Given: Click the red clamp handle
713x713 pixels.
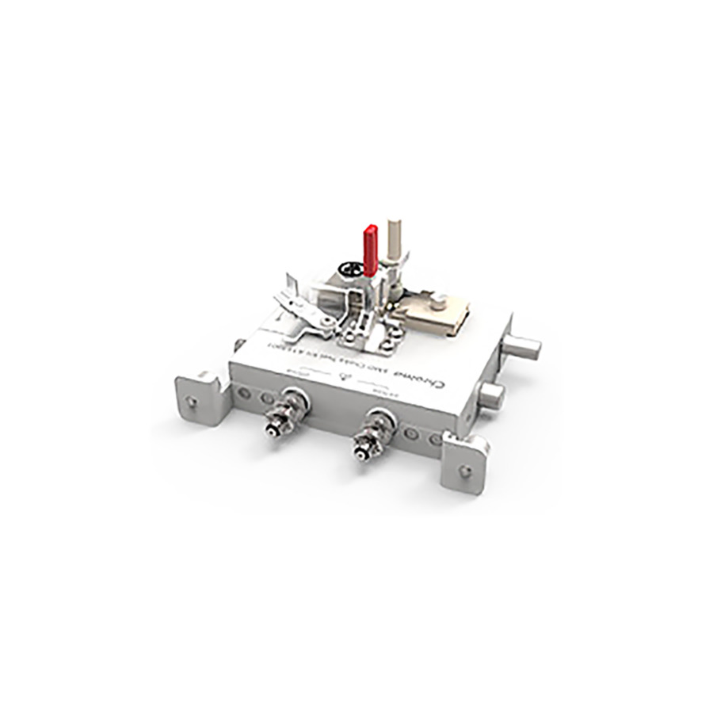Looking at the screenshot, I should [370, 250].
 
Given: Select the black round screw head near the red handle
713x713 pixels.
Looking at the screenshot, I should [346, 270].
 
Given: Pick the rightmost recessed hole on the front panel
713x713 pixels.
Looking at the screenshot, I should [435, 439].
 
